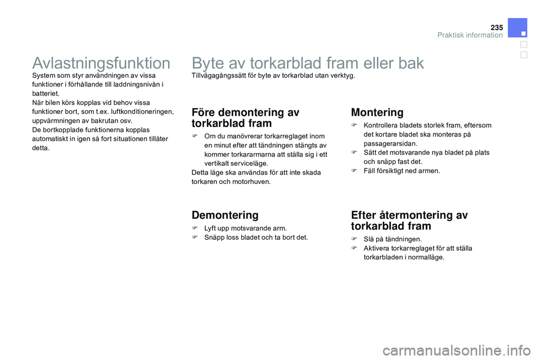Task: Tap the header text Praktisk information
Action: pyautogui.click(x=470, y=35)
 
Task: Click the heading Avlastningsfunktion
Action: pyautogui.click(x=102, y=62)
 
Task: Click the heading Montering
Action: pyautogui.click(x=377, y=112)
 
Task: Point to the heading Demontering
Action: pyautogui.click(x=225, y=215)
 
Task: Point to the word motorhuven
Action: pyautogui.click(x=251, y=182)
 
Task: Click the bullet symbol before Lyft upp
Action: pyautogui.click(x=195, y=228)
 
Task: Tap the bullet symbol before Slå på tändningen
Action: pyautogui.click(x=354, y=239)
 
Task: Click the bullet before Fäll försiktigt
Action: pyautogui.click(x=354, y=170)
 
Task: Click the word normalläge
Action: pyautogui.click(x=425, y=257)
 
